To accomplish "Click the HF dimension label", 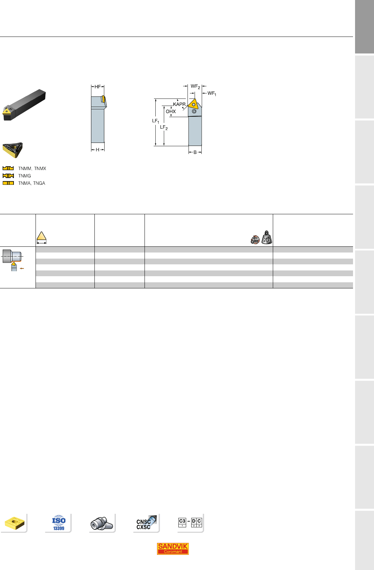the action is (98, 87).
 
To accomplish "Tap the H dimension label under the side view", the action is (97, 150).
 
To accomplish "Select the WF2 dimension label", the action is (195, 87).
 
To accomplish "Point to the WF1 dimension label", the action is (212, 93).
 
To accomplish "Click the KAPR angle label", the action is (179, 104).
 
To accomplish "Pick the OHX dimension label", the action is (171, 111).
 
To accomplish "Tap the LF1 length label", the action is (155, 121).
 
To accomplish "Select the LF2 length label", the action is (164, 128).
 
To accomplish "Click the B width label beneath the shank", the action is (195, 152).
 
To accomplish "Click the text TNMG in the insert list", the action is (24, 176).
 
